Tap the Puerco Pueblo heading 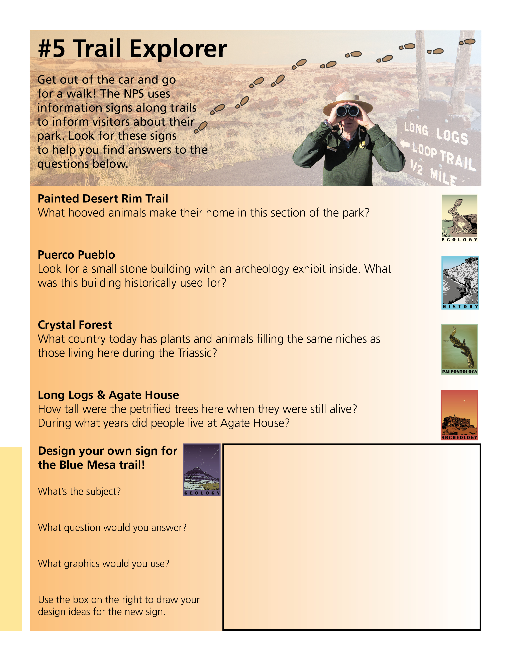[x=76, y=255]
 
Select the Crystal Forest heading [x=75, y=325]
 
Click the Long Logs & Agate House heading [x=108, y=395]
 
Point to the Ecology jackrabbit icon [x=459, y=218]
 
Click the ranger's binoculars [x=347, y=111]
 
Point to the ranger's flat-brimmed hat [x=347, y=100]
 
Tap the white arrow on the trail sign [x=405, y=144]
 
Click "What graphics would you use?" [x=104, y=563]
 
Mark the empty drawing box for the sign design [x=352, y=537]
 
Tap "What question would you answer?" [x=112, y=528]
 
